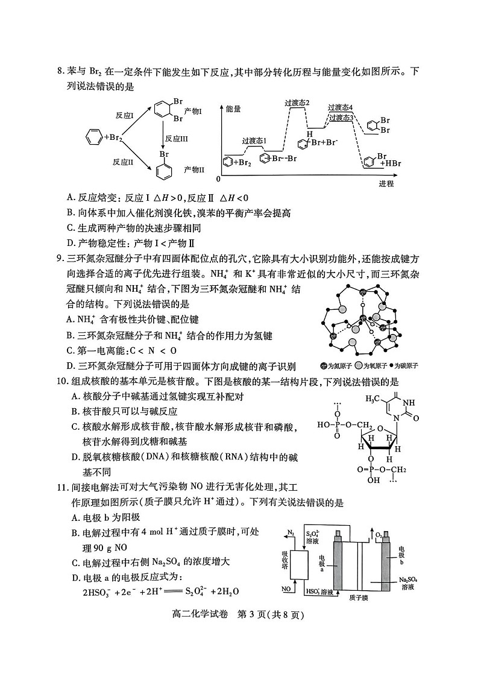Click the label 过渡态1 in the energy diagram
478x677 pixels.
tap(254, 140)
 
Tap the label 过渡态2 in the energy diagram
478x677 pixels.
tap(297, 102)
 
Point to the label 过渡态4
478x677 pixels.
tap(341, 107)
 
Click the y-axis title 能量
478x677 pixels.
tap(233, 109)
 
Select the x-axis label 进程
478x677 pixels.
tap(386, 183)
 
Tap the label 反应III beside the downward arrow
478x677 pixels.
tap(176, 138)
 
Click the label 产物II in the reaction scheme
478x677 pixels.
tap(194, 169)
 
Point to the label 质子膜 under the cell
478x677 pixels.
tap(359, 597)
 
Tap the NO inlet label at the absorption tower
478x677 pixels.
tap(288, 588)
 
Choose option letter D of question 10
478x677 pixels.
tap(76, 458)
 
